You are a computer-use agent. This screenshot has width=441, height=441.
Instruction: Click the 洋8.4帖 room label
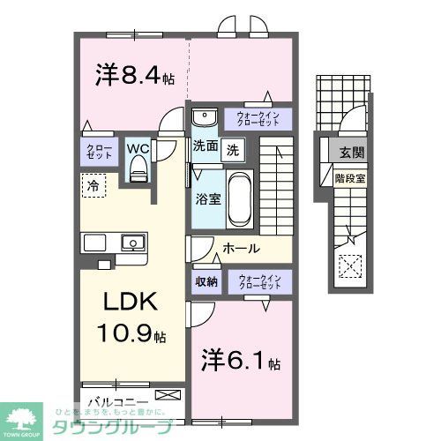pyautogui.click(x=134, y=75)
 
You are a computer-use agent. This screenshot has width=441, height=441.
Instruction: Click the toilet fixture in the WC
pyautogui.click(x=138, y=174)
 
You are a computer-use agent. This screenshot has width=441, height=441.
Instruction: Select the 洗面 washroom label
pyautogui.click(x=206, y=148)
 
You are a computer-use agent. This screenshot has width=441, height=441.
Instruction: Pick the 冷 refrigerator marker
pyautogui.click(x=93, y=185)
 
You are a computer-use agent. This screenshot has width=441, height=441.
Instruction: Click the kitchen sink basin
pyautogui.click(x=133, y=242)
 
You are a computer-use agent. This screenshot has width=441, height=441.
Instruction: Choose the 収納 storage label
pyautogui.click(x=206, y=282)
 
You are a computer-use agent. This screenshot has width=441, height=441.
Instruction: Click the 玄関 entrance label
pyautogui.click(x=350, y=152)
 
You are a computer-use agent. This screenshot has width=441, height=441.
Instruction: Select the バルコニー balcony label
pyautogui.click(x=111, y=401)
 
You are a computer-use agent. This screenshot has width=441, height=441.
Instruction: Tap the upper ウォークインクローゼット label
pyautogui.click(x=257, y=116)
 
